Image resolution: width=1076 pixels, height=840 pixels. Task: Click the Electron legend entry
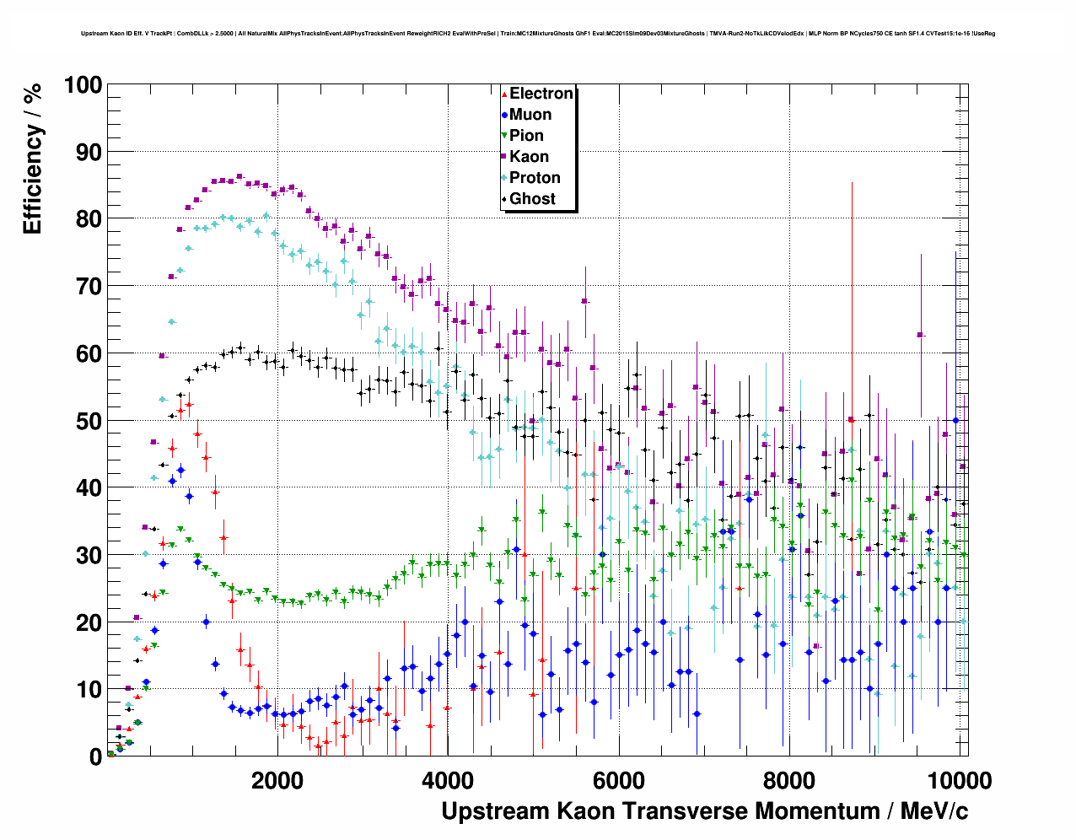(541, 94)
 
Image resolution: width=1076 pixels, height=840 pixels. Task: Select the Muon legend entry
(530, 115)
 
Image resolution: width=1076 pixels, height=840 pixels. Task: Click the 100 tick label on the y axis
(83, 85)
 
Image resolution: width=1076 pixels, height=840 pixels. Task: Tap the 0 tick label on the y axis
(95, 757)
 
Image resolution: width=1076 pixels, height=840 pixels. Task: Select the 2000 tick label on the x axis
(277, 780)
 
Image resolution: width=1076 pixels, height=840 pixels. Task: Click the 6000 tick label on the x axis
(618, 780)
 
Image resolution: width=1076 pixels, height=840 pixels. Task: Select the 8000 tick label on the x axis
(788, 780)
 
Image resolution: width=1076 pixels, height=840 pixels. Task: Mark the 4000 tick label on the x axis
(448, 780)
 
